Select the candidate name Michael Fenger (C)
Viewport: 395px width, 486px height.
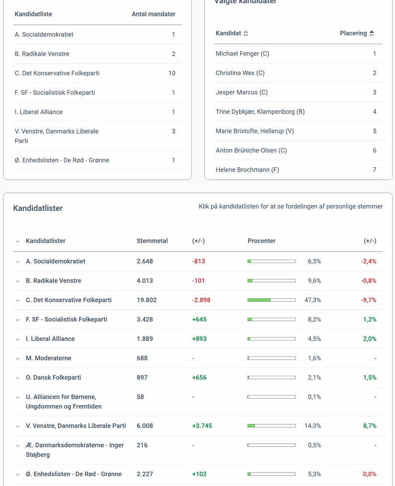(242, 54)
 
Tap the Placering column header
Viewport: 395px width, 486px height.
(353, 33)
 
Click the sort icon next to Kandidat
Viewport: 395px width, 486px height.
(246, 33)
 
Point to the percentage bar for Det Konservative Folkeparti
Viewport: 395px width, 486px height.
(271, 300)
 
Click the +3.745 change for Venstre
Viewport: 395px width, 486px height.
(202, 425)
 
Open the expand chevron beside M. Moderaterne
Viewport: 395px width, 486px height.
(18, 358)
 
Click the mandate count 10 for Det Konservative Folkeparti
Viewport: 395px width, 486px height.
(172, 73)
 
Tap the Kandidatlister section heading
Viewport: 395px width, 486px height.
(38, 208)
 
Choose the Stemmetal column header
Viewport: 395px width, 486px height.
(152, 241)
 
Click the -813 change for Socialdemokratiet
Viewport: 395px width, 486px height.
(198, 261)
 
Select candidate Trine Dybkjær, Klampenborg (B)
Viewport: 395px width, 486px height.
(260, 112)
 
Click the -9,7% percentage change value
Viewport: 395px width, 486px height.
(369, 300)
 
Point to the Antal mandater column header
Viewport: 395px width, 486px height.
(153, 14)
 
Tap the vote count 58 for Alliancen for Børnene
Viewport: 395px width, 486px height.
(140, 397)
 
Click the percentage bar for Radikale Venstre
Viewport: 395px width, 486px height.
(271, 280)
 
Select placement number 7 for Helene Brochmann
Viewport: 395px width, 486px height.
(375, 170)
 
